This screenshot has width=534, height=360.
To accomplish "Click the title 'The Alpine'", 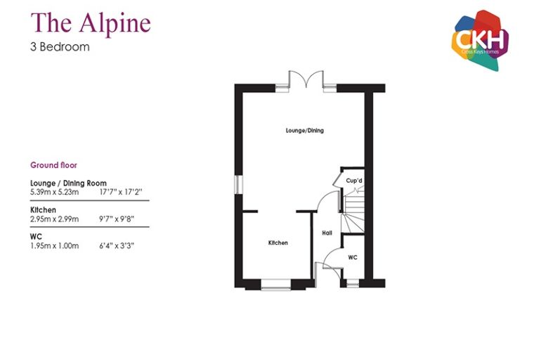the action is [91, 23].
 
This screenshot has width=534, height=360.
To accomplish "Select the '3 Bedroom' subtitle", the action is [60, 46].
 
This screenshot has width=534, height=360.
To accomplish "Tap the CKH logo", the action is [480, 40].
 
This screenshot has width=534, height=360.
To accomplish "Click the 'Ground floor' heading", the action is [54, 165].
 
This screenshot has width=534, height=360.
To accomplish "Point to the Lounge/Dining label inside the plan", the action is [305, 131].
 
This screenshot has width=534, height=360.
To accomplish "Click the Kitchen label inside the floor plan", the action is [278, 243].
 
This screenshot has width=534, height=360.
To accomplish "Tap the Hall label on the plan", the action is [327, 233].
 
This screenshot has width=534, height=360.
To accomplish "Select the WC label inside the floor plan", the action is [353, 257].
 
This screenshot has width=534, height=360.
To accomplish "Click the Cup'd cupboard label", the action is [354, 180].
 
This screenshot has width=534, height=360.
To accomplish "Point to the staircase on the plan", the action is [353, 212].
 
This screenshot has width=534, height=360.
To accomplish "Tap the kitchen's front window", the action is [276, 285].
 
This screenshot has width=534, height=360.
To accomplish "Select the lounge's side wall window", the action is [239, 184].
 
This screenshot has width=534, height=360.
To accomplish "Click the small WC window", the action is [353, 283].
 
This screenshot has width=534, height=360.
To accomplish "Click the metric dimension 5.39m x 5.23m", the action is [55, 192].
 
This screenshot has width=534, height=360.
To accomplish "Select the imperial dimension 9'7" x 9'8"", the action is [117, 219].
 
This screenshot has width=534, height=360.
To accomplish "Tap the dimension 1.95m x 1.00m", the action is [55, 246].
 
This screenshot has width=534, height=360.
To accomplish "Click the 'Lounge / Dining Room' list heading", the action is [68, 183].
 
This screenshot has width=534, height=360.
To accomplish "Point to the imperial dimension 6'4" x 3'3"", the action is [117, 246].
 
